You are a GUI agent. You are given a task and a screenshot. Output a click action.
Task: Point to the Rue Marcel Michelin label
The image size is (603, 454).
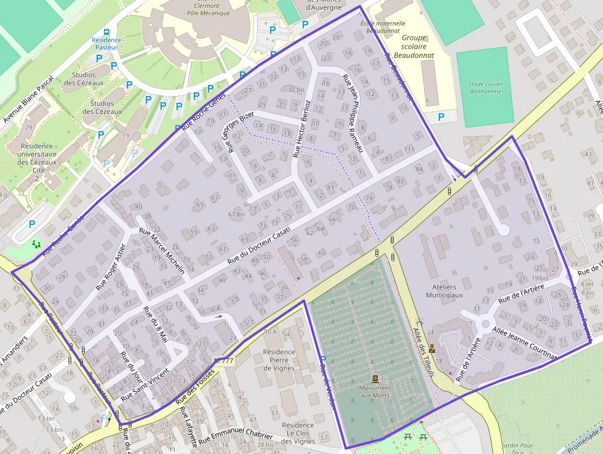click(162, 251)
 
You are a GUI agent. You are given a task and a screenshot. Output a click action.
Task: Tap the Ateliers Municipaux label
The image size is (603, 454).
click(445, 291)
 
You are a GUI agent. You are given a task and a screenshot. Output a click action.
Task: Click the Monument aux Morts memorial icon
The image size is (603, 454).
click(375, 378)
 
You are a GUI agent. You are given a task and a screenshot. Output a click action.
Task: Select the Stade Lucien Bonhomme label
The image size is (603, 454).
click(485, 87)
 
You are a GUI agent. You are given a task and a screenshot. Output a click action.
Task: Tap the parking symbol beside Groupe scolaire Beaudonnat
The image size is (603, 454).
click(441, 116)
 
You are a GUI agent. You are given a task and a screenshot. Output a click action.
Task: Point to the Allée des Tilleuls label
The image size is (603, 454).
click(423, 351)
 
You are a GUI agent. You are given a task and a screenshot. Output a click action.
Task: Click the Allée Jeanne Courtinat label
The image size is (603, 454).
click(524, 343)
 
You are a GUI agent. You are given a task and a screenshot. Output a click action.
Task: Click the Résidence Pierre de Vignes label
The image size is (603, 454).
click(279, 360)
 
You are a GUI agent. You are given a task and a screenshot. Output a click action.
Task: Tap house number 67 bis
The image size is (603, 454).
click(236, 214)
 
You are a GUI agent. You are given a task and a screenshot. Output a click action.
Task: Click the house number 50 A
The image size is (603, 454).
click(270, 332)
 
